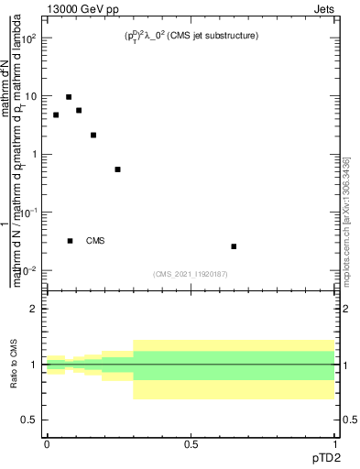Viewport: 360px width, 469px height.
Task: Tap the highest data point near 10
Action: click(x=69, y=97)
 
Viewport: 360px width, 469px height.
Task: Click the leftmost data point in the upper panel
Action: click(x=56, y=115)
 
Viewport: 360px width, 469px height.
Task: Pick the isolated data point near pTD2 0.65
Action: click(x=235, y=246)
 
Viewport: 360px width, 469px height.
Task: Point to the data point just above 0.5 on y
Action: click(x=117, y=169)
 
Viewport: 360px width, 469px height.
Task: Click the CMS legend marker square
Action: click(x=71, y=241)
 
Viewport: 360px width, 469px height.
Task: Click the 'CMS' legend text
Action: click(x=95, y=241)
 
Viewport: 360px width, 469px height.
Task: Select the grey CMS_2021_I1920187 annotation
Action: click(x=191, y=273)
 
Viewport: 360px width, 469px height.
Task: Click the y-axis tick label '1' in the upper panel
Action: click(x=35, y=154)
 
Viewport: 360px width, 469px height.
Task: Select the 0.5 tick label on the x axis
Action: click(x=191, y=444)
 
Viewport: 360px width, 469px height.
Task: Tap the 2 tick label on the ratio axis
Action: click(x=36, y=309)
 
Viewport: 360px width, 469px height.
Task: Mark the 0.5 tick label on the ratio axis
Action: click(x=31, y=420)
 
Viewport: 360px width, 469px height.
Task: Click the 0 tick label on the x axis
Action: click(x=47, y=444)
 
